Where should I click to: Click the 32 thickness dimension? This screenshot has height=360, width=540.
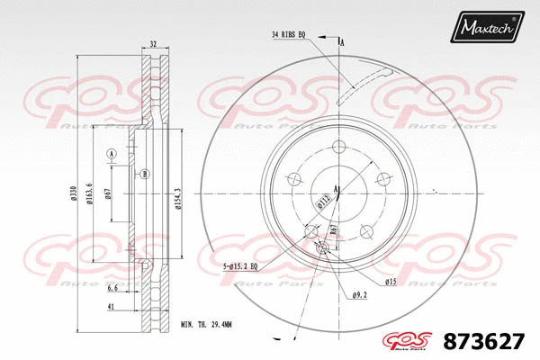coord(153,43)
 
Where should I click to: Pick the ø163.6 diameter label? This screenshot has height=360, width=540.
coord(90,194)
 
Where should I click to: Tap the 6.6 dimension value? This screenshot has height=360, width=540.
coord(112,288)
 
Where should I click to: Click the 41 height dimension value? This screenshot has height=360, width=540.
coord(110,308)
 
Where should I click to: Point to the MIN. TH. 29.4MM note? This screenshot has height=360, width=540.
coord(206,323)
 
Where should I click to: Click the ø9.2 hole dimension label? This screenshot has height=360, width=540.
coord(358,294)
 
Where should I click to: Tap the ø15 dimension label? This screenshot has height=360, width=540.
coord(391,283)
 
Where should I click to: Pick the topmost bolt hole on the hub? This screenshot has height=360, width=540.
coord(338,148)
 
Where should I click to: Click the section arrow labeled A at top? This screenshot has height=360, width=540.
coord(341,41)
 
